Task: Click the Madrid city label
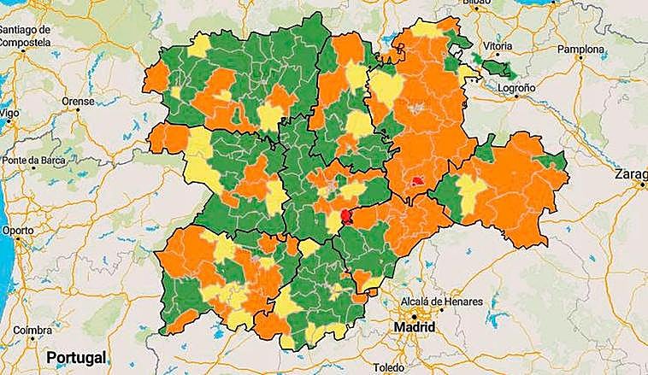coord(414,328)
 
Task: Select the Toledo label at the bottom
coord(389,367)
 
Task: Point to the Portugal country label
coord(75,356)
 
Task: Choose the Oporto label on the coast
coord(17,231)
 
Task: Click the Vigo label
coord(9,113)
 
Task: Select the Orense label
coord(78,100)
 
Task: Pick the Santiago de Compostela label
coord(26,35)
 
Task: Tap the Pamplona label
coord(581,50)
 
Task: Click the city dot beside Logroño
coord(516,97)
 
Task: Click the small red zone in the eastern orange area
coord(416,181)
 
